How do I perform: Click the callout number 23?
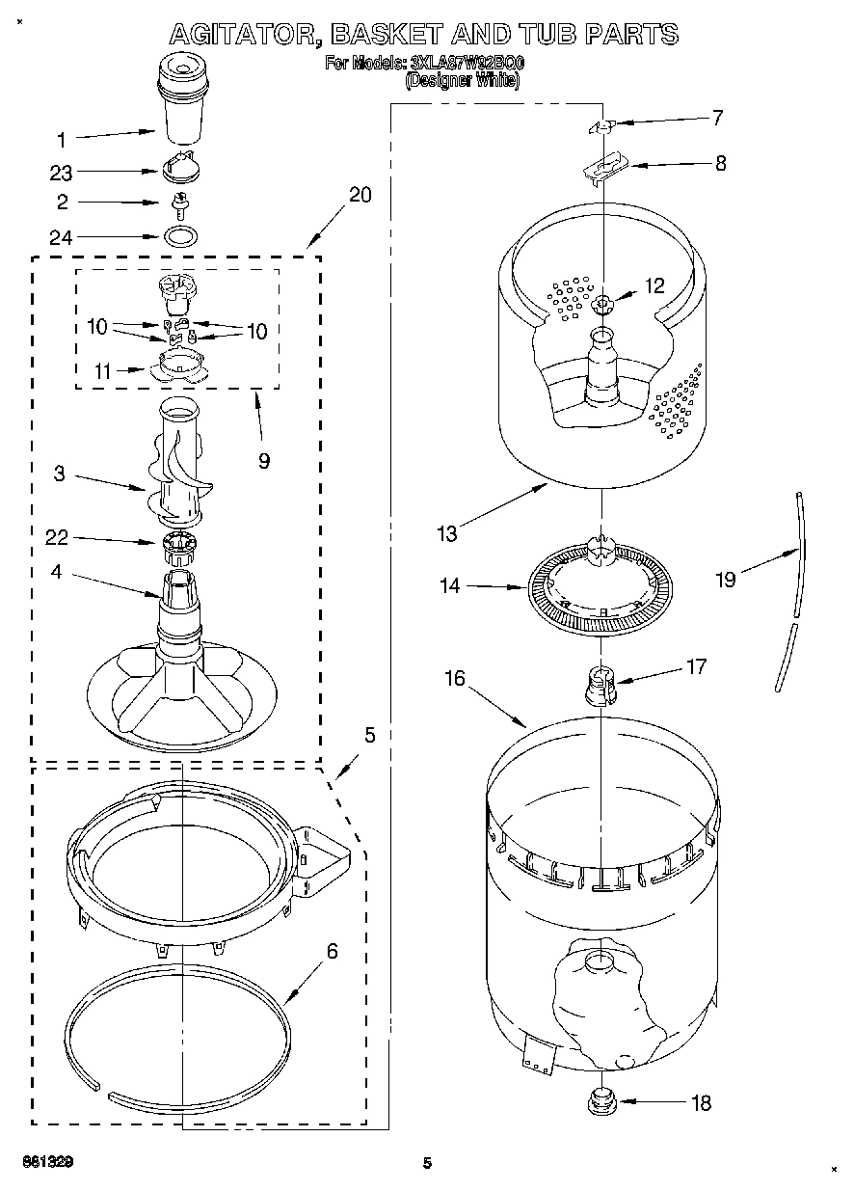(x=62, y=173)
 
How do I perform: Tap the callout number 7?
(x=717, y=119)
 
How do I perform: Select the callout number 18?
(x=702, y=1102)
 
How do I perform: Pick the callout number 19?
(x=725, y=579)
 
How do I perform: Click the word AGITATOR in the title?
(x=245, y=35)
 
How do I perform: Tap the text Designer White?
(x=463, y=82)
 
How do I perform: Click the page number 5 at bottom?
(x=426, y=1163)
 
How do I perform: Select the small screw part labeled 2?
(x=179, y=203)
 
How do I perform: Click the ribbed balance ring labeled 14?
(x=598, y=588)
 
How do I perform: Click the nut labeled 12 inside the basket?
(x=603, y=306)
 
